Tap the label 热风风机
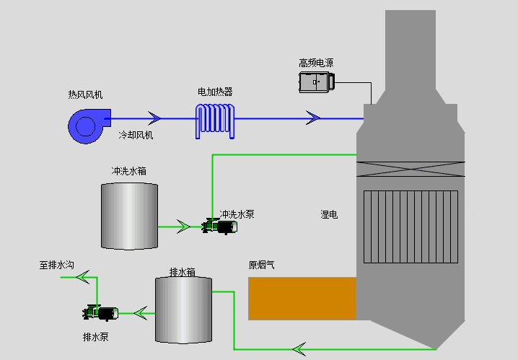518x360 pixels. pos(85,95)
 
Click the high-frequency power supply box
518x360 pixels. pos(317,82)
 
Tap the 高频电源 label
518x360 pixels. pos(316,63)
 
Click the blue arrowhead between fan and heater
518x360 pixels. pos(154,118)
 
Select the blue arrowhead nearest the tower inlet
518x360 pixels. pos(313,118)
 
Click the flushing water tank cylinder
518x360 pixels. pos(128,216)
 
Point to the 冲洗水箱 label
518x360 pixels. pos(128,172)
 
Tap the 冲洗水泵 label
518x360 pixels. pos(237,214)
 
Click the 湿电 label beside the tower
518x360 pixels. pos(329,214)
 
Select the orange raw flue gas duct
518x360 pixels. pos(302,298)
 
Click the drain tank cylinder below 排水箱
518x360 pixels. pos(183,309)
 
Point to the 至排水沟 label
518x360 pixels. pos(57,265)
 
